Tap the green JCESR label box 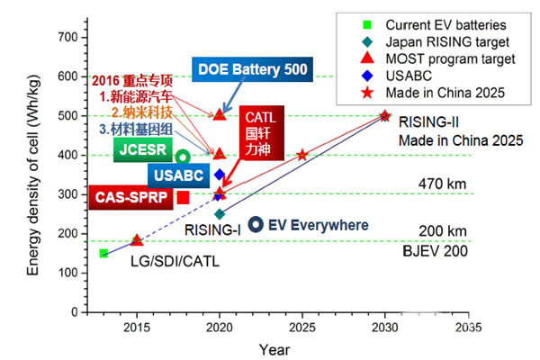coord(139,151)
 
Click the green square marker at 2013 coord(103,254)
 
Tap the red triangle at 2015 coord(137,240)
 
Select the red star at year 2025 coord(302,154)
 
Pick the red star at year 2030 coord(385,115)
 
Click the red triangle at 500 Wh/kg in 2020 coord(220,114)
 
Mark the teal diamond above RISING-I coord(220,214)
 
